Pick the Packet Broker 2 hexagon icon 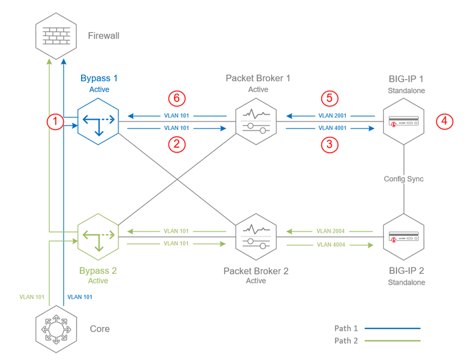(x=257, y=236)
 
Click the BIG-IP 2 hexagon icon (x=404, y=236)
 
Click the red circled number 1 (x=57, y=120)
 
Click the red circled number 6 (x=178, y=99)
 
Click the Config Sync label (x=403, y=179)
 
